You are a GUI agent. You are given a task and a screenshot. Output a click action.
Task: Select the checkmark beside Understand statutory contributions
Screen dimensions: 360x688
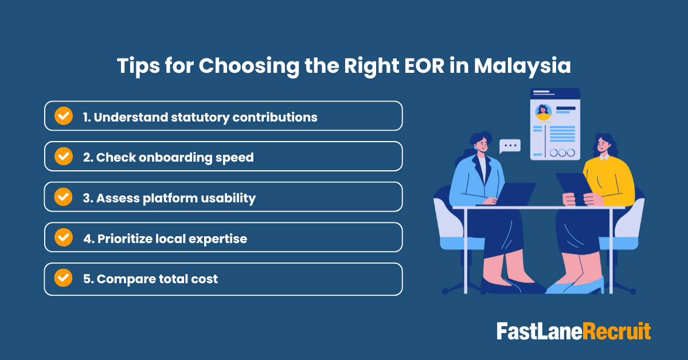point(63,116)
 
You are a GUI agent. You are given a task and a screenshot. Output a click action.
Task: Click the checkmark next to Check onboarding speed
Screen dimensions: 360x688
point(63,156)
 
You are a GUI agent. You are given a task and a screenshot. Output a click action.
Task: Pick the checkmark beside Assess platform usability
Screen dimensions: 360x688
point(63,197)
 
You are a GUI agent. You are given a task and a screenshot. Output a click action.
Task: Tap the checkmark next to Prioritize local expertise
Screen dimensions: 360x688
point(63,237)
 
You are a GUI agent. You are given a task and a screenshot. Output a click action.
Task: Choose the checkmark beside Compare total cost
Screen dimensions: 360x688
point(63,278)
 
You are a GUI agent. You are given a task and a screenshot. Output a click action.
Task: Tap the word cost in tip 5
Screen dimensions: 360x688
point(204,279)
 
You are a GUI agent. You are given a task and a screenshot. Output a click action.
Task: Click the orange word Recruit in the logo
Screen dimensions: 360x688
point(617,332)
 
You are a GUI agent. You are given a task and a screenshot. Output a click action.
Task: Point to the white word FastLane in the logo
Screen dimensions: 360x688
point(539,332)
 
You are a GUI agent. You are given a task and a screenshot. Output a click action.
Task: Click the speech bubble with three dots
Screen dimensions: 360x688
point(510,146)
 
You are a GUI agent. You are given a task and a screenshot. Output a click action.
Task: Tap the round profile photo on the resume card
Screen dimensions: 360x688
point(543,111)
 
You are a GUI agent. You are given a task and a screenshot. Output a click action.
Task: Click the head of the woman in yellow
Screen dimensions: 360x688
point(603,146)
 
